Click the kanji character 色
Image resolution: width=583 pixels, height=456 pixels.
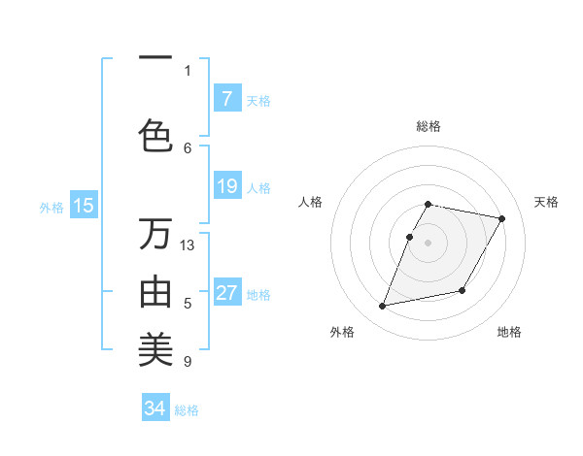click(x=155, y=135)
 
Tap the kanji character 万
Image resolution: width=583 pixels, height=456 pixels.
click(x=155, y=234)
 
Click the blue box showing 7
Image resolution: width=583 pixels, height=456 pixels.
click(x=227, y=98)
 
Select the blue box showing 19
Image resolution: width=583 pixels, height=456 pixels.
click(x=227, y=186)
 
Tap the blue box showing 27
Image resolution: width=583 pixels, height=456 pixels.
click(x=227, y=294)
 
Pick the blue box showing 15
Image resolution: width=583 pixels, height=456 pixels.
click(x=84, y=205)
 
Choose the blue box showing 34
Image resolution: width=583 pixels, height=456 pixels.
click(x=155, y=408)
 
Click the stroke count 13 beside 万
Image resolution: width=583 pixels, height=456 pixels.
click(x=189, y=244)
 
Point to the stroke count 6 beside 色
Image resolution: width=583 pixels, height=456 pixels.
click(x=188, y=147)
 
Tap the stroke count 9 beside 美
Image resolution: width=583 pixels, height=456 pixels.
click(x=188, y=362)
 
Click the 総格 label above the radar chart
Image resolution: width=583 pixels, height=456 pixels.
click(x=429, y=126)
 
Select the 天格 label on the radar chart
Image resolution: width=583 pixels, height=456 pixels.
click(x=546, y=202)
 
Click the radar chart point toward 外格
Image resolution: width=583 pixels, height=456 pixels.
click(x=383, y=307)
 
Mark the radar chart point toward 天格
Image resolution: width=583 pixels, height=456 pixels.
click(x=501, y=219)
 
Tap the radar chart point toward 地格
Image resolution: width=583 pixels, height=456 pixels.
click(x=463, y=291)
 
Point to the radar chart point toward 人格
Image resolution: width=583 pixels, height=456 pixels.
click(x=410, y=237)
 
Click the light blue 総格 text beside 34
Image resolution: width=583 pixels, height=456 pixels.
click(x=187, y=410)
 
